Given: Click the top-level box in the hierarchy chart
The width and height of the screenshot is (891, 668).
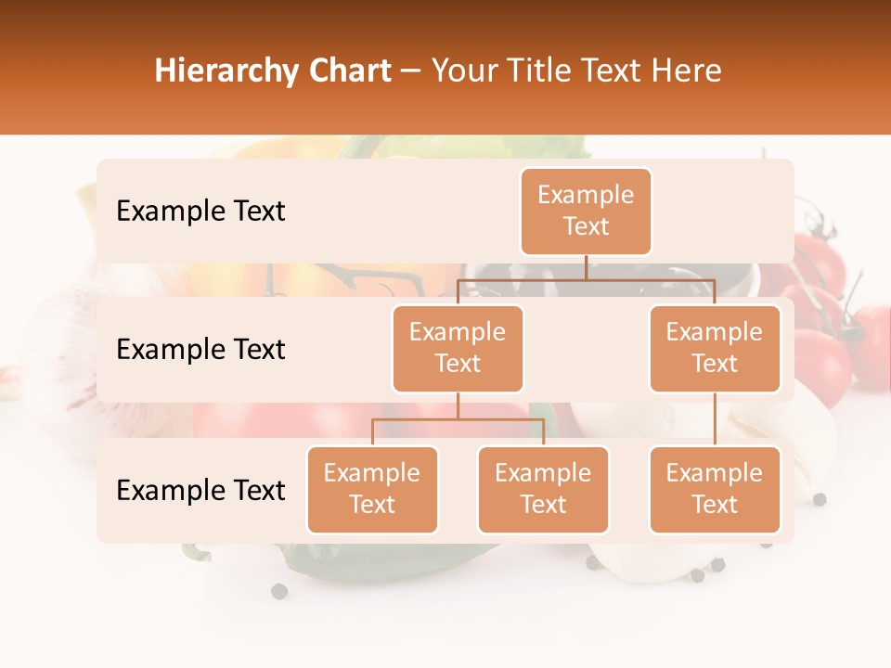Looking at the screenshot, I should (586, 212).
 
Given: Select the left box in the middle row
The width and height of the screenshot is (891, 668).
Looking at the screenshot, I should (458, 349).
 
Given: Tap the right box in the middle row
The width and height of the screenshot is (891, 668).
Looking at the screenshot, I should (715, 349).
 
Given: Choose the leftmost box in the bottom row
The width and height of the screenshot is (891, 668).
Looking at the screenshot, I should (372, 490).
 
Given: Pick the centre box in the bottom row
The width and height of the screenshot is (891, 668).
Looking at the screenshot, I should (543, 490).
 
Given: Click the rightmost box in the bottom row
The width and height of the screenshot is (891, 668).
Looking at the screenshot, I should (715, 490).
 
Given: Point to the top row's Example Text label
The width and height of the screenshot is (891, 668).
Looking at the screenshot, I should (200, 212).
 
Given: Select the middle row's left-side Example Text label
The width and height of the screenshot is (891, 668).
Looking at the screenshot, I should (200, 350).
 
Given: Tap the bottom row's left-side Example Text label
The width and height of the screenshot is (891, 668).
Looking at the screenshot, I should (200, 491).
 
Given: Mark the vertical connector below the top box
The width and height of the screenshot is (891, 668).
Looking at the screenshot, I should (586, 267).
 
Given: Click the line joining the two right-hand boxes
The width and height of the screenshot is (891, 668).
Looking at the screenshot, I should (715, 419).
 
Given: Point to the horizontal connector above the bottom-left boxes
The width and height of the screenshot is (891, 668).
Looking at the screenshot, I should (458, 419).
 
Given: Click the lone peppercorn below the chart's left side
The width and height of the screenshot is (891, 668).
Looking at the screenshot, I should (279, 591).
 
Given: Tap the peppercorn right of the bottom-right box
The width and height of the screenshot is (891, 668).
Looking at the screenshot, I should (820, 500).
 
